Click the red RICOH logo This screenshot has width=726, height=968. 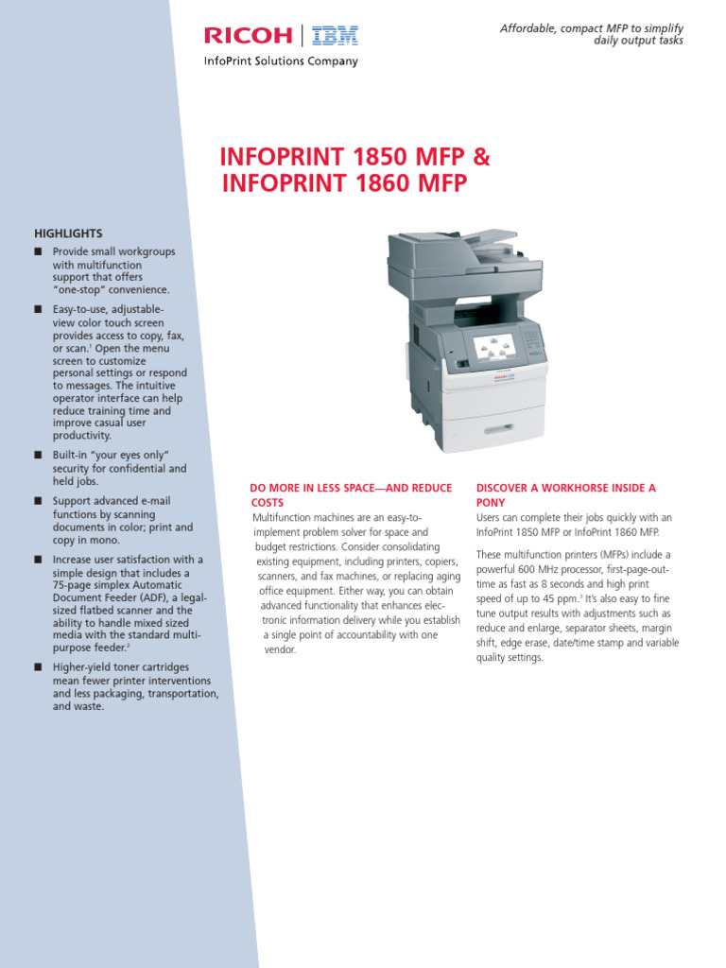point(251,37)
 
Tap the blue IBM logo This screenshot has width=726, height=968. point(336,37)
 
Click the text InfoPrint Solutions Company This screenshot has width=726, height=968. point(282,61)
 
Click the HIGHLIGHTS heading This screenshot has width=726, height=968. point(68,233)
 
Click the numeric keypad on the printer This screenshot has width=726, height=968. point(533,337)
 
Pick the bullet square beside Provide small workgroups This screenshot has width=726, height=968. point(38,252)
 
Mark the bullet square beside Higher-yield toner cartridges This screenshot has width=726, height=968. point(38,668)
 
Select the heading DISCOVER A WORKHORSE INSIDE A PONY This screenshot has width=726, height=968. point(565,494)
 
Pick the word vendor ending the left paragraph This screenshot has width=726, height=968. point(281,650)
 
